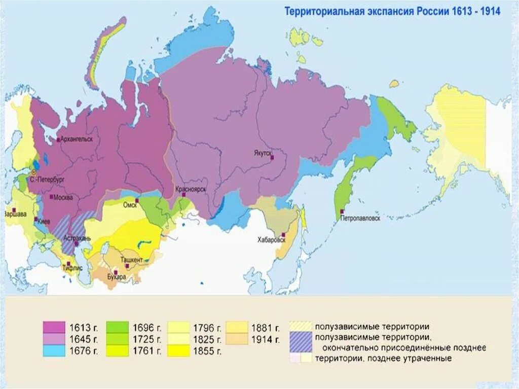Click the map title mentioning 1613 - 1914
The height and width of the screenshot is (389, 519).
coord(392,11)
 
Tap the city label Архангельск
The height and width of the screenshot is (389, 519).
coord(77,139)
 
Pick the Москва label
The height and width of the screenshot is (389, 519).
coord(63,197)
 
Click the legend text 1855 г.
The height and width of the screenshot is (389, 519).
coord(208,350)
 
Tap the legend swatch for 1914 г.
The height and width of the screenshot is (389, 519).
coord(238,339)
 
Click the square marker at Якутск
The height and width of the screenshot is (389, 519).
coord(272,158)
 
